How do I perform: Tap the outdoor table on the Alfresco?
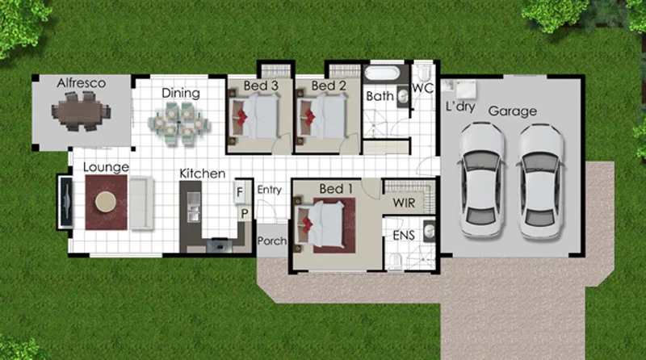[x=80, y=111]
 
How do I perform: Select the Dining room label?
[x=180, y=93]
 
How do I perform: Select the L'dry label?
[x=459, y=107]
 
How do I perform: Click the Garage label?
[x=512, y=111]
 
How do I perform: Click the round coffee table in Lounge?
[x=106, y=203]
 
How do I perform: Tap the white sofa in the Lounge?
[x=142, y=202]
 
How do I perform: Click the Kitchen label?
[x=202, y=174]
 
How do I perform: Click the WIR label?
[x=403, y=203]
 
